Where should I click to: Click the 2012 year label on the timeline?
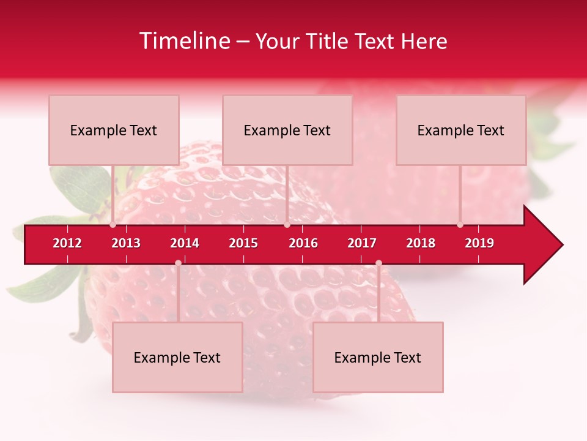pyautogui.click(x=67, y=243)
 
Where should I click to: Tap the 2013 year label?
pyautogui.click(x=126, y=243)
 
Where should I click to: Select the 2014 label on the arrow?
pyautogui.click(x=185, y=243)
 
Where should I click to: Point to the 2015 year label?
pyautogui.click(x=243, y=243)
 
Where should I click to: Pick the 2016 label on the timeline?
pyautogui.click(x=303, y=243)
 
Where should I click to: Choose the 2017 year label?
pyautogui.click(x=362, y=243)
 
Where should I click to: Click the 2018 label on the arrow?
pyautogui.click(x=421, y=243)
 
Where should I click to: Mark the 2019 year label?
pyautogui.click(x=479, y=243)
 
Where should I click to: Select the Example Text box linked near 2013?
pyautogui.click(x=114, y=130)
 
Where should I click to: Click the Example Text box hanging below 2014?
pyautogui.click(x=177, y=357)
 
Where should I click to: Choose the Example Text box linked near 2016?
pyautogui.click(x=287, y=130)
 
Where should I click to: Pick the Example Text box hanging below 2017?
pyautogui.click(x=378, y=357)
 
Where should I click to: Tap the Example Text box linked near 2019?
pyautogui.click(x=461, y=130)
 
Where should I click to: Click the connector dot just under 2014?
pyautogui.click(x=178, y=263)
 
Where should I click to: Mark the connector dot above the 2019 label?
pyautogui.click(x=460, y=225)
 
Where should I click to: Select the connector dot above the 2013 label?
pyautogui.click(x=113, y=225)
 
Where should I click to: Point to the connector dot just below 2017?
pyautogui.click(x=378, y=263)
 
